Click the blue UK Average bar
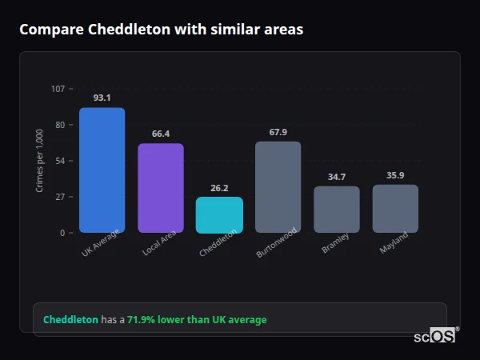[102, 170]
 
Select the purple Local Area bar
[161, 188]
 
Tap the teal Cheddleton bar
[219, 214]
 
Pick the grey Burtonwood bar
[278, 187]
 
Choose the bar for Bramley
[337, 210]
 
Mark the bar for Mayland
[395, 209]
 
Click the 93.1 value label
[102, 98]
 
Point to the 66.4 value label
[161, 134]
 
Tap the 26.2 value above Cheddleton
[219, 188]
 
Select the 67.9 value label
[278, 132]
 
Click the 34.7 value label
[337, 177]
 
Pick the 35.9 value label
[395, 175]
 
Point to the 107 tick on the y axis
[58, 89]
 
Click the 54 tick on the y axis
[60, 161]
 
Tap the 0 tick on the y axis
[62, 233]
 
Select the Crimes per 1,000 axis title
[39, 161]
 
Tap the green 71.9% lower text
[197, 320]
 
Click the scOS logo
[434, 336]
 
